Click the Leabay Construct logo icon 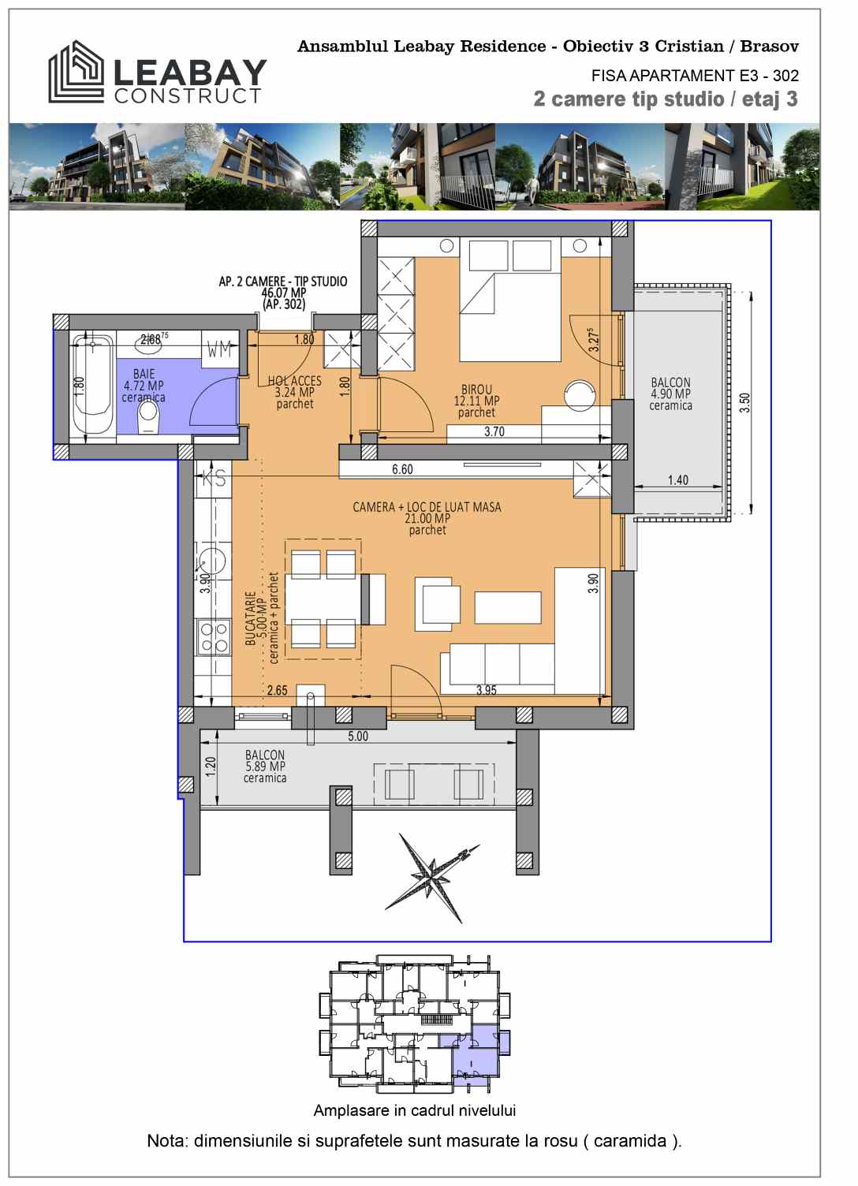pos(76,72)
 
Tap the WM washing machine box pos(220,349)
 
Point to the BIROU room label pos(476,390)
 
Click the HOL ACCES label pos(294,381)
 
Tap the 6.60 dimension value pos(402,469)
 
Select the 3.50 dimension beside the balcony pos(744,404)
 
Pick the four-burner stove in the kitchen pos(214,637)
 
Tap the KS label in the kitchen pos(214,478)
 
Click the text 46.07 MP pos(283,293)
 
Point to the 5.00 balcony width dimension pos(358,737)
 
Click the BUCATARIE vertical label pos(251,618)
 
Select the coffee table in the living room pos(507,607)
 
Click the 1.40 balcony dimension pos(678,480)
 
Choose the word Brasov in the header pos(770,46)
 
